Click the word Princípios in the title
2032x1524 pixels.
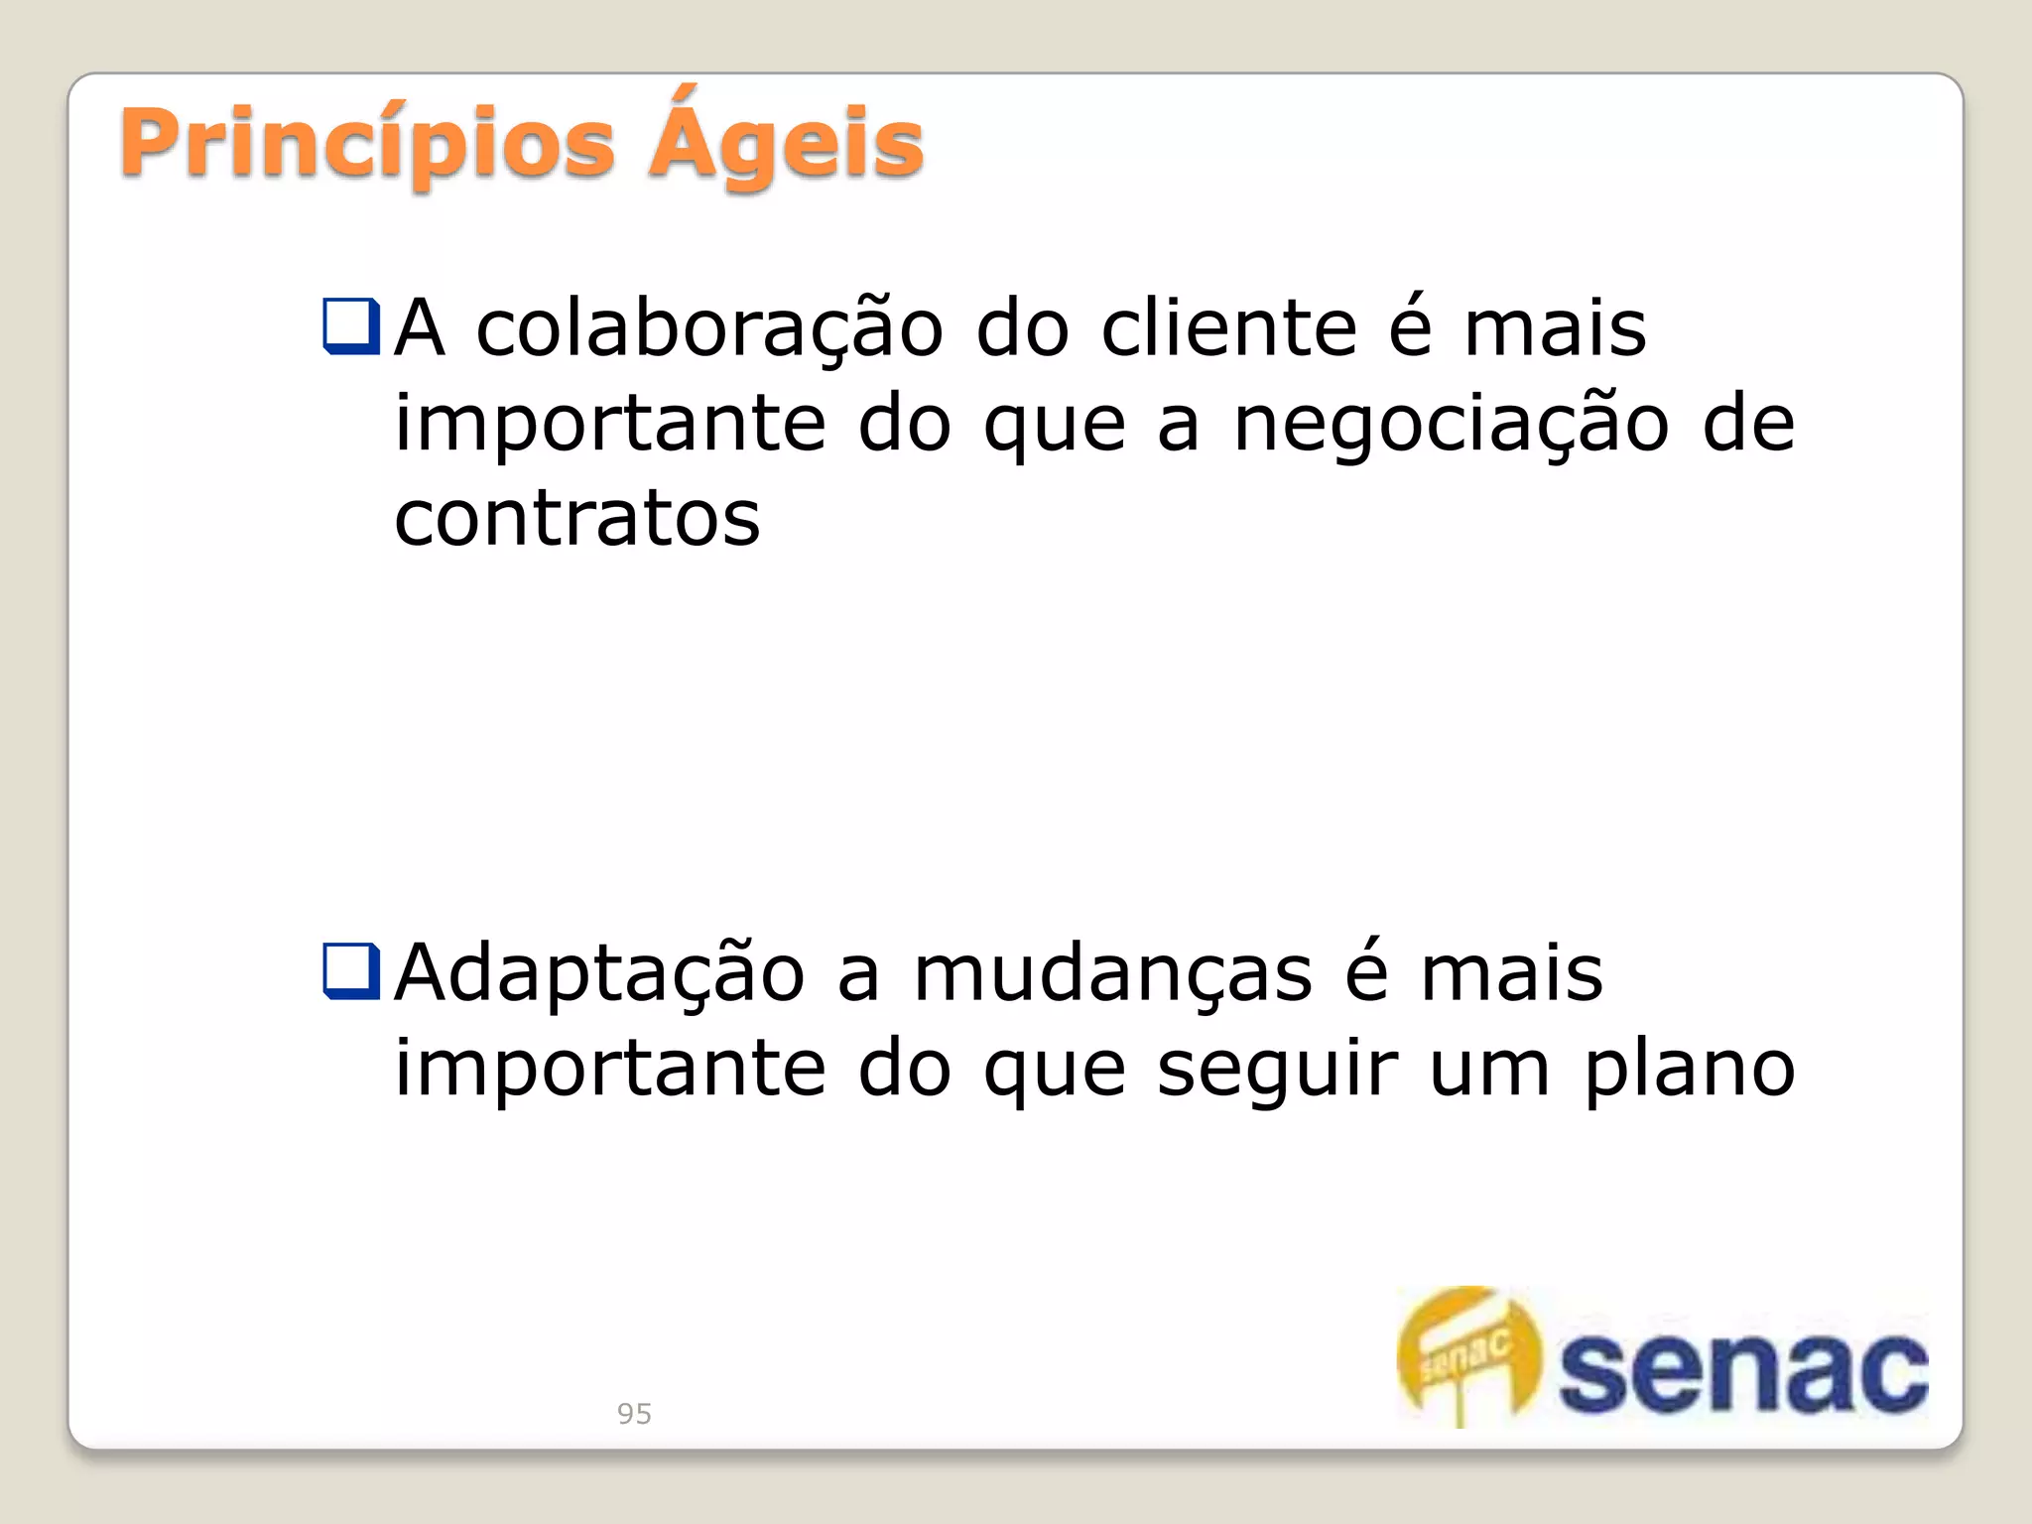coord(367,145)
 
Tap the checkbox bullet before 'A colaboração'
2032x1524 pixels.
coord(351,326)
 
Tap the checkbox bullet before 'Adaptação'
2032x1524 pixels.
coord(351,970)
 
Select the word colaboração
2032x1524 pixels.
coord(709,328)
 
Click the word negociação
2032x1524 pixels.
coord(1452,425)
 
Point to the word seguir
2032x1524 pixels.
coord(1278,1070)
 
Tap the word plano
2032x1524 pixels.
coord(1689,1070)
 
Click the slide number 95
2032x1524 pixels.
coord(634,1413)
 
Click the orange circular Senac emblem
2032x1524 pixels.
coord(1469,1355)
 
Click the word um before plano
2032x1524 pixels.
coord(1489,1070)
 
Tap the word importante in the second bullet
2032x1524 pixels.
coord(610,1070)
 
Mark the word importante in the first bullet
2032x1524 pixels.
coord(610,425)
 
